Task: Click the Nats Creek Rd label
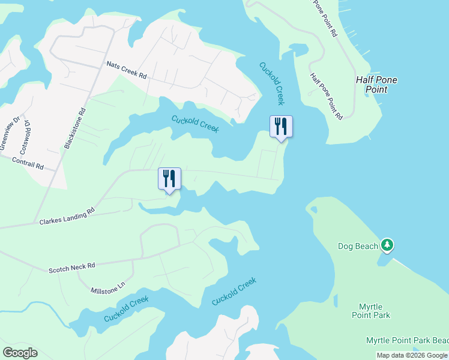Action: click(x=127, y=70)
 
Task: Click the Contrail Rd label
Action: click(x=28, y=163)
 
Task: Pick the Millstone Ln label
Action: click(x=107, y=291)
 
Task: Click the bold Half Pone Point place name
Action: click(x=376, y=85)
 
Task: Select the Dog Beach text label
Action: click(x=358, y=246)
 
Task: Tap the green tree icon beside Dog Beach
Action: click(x=388, y=245)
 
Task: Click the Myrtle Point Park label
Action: click(x=370, y=311)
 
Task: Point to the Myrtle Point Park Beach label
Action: click(x=407, y=340)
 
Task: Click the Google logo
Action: click(x=20, y=353)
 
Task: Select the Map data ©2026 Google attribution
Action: click(x=412, y=355)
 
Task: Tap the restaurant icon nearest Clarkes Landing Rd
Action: click(x=169, y=178)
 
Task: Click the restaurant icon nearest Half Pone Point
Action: click(x=281, y=126)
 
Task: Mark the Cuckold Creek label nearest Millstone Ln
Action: click(x=126, y=308)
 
